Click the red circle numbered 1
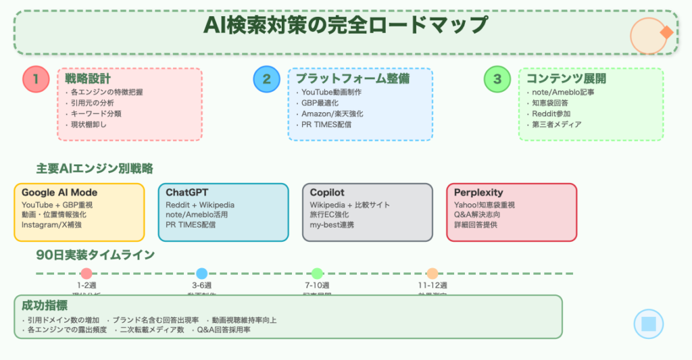[35, 80]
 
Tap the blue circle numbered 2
[266, 80]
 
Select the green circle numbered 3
[497, 80]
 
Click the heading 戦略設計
[89, 79]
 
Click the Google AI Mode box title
[59, 192]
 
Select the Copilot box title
[328, 192]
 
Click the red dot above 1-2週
[86, 274]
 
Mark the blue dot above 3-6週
[201, 274]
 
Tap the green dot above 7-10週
[317, 274]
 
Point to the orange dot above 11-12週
[432, 274]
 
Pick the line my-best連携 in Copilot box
[332, 225]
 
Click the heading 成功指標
[40, 305]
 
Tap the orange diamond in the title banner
[666, 32]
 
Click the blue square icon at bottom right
[649, 324]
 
